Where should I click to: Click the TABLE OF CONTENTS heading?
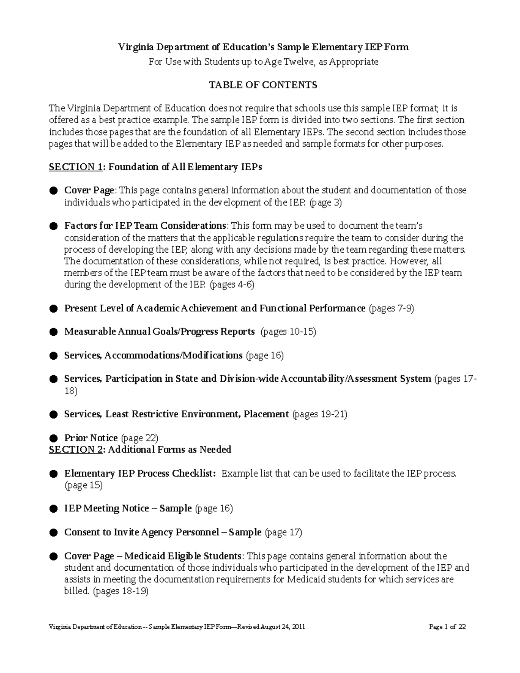pos(263,85)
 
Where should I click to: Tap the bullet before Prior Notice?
pos(53,438)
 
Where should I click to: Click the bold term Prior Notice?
pos(91,438)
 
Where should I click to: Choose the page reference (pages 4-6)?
pos(232,285)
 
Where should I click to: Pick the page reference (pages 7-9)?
pos(391,308)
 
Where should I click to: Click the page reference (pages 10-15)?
pos(288,332)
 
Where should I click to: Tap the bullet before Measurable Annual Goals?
pos(53,332)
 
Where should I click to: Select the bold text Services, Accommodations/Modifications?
pos(153,355)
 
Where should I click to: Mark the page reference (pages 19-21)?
pos(320,414)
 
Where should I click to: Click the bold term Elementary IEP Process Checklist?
pos(140,473)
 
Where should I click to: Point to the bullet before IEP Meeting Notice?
pos(53,509)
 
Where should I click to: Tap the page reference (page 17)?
pos(283,532)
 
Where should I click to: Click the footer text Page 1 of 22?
pos(447,627)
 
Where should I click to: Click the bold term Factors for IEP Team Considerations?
pos(145,226)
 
